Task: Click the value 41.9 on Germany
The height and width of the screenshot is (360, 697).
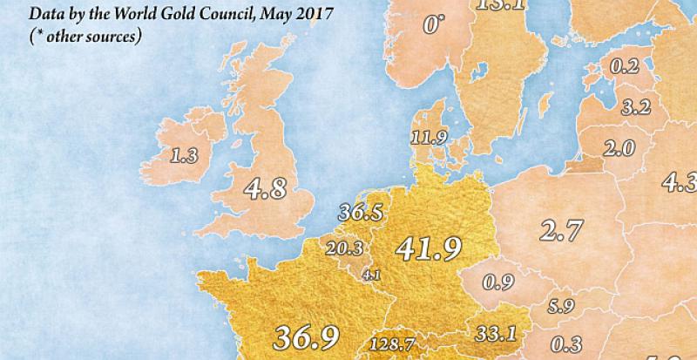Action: point(428,250)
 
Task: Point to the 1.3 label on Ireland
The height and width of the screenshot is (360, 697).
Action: point(183,157)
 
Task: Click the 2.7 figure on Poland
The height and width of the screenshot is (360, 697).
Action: point(560,230)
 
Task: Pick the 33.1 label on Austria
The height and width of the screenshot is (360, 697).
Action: point(498,332)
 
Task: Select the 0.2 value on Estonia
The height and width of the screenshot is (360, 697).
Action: point(624,66)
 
